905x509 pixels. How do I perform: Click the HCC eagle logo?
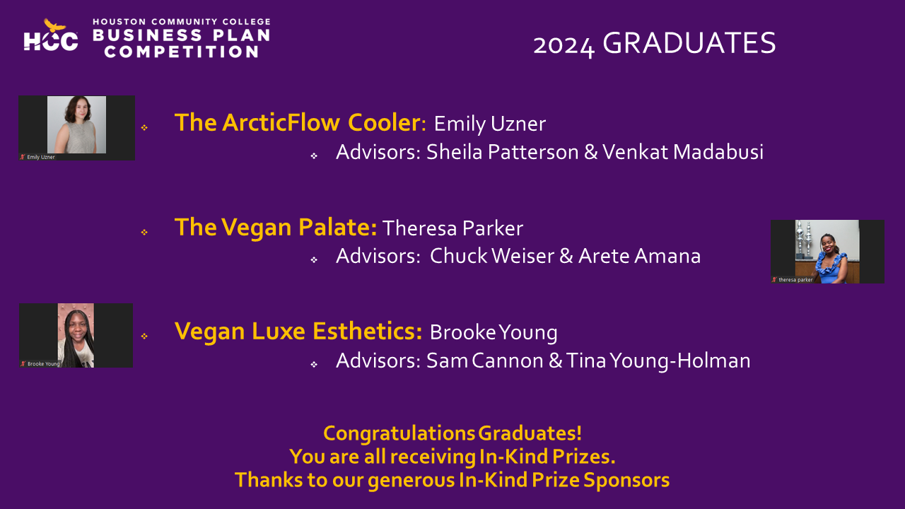51,35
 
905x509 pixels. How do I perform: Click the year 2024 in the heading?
564,45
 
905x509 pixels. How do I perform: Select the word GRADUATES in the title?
689,43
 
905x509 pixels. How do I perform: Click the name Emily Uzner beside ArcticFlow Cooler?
490,124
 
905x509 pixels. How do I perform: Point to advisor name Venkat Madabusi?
683,152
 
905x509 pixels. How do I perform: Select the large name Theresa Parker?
452,228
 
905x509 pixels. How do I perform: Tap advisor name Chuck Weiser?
491,256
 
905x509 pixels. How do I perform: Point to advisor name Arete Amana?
640,256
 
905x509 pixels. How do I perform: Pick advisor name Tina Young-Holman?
658,361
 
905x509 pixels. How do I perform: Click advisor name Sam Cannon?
485,361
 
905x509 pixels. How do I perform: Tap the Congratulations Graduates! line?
452,433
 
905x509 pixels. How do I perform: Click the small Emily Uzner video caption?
40,157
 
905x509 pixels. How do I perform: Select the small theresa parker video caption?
795,279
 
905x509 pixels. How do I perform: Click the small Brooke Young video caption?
43,364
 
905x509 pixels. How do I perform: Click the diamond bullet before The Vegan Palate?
144,233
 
